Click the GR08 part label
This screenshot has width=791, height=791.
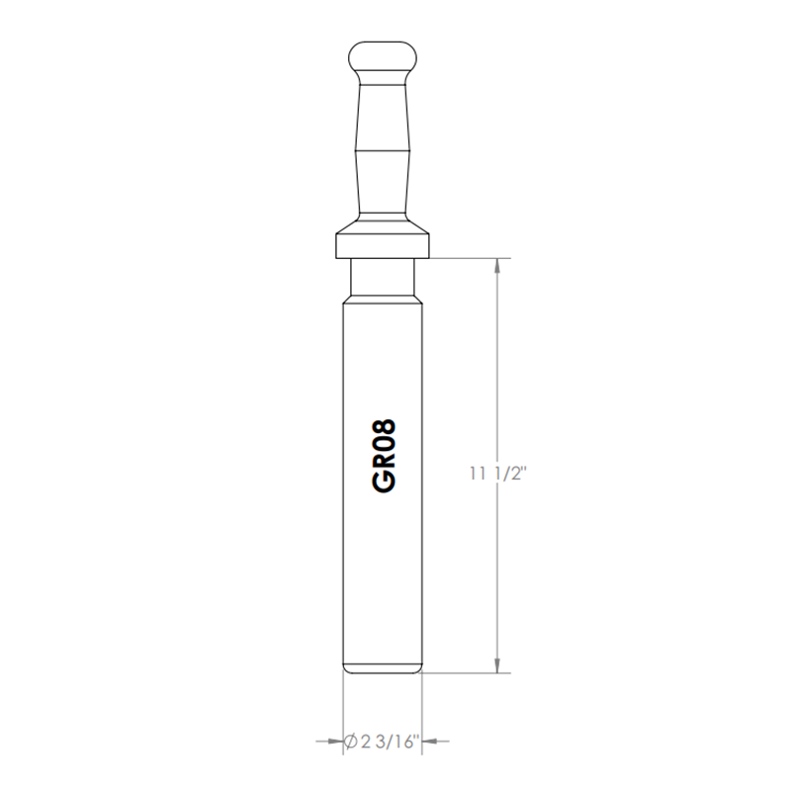coord(384,456)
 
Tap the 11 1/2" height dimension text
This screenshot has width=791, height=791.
coord(498,474)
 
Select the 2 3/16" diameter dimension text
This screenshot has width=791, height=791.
coord(390,742)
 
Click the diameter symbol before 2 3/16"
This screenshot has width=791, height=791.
coord(351,742)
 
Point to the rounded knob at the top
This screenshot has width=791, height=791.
coord(383,56)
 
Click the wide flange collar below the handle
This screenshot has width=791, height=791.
coord(383,245)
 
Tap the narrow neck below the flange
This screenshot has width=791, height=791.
coord(383,277)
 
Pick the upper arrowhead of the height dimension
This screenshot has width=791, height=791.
coord(498,266)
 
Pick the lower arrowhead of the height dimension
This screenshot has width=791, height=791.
coord(498,664)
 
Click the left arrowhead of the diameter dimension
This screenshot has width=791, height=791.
coord(335,741)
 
